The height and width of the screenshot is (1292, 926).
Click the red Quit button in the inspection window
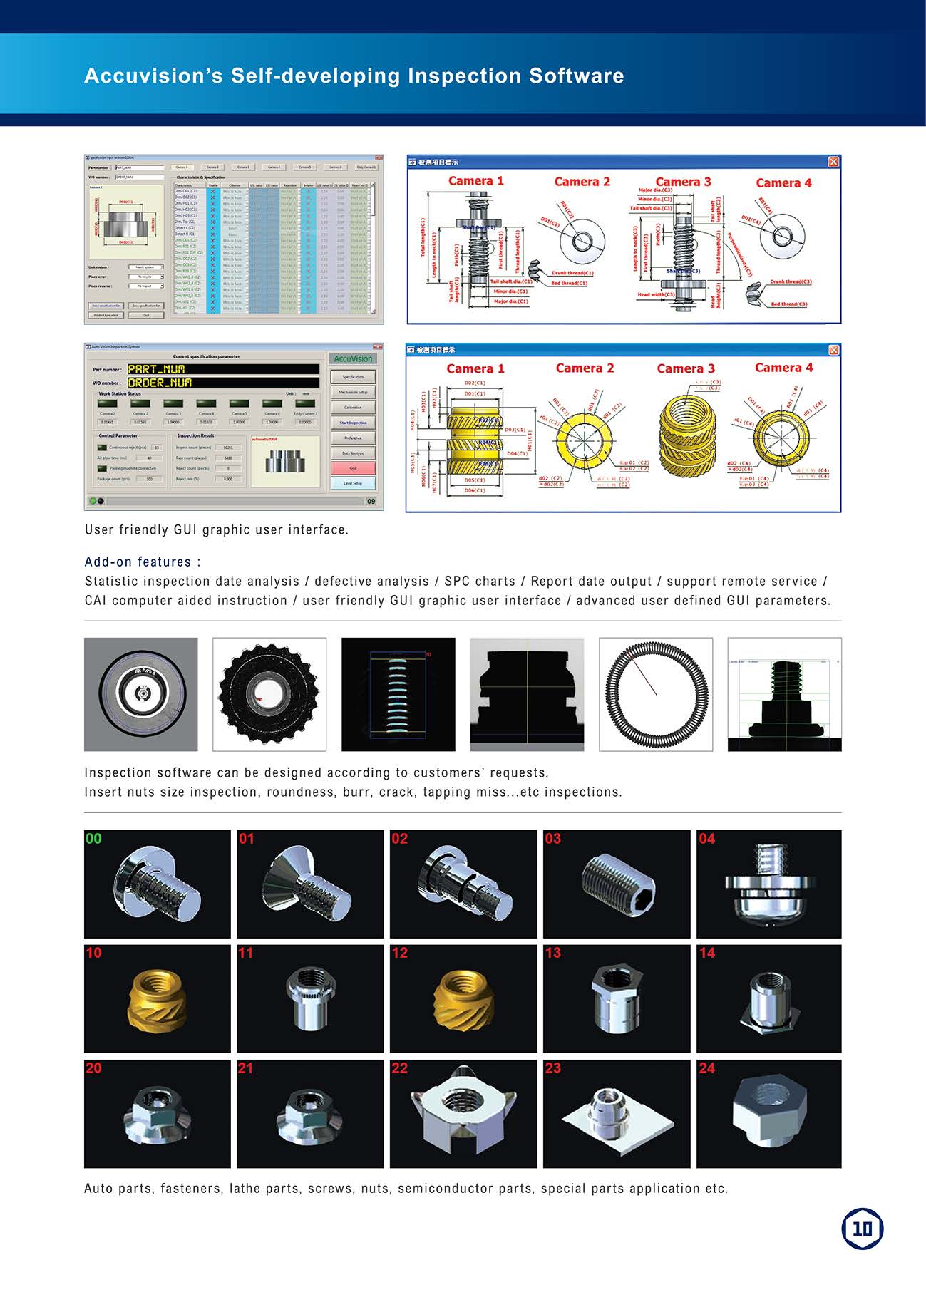click(353, 468)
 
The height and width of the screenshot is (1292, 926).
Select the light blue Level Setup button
click(353, 483)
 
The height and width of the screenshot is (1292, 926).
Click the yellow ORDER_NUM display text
click(160, 383)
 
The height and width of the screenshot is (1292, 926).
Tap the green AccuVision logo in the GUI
click(353, 358)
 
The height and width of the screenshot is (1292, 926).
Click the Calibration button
click(353, 407)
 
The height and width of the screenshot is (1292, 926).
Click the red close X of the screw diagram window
click(833, 162)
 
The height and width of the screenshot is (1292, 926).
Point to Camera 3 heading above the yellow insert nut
click(685, 368)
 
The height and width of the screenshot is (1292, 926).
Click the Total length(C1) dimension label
click(423, 237)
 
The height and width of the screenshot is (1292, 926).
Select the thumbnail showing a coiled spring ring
click(656, 694)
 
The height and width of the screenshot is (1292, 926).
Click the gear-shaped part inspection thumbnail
click(269, 694)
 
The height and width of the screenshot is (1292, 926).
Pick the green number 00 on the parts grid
click(93, 839)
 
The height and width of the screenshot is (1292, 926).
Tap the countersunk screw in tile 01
click(307, 882)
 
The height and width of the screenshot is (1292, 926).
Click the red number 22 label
click(400, 1068)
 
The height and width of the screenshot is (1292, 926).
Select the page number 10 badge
click(862, 1229)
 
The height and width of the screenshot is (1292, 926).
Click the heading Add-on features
click(143, 562)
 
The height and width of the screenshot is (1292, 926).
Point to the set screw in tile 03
click(618, 884)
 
